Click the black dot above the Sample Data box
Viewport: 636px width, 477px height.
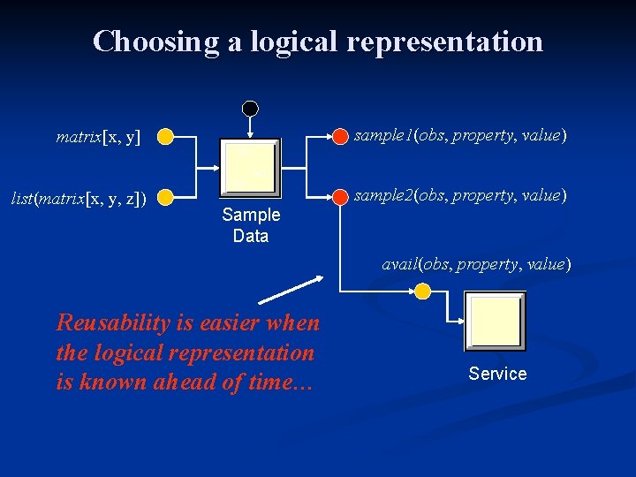251,109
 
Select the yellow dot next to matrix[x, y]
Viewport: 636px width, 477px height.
166,137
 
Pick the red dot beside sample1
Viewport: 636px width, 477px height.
340,136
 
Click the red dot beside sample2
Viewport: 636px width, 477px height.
340,195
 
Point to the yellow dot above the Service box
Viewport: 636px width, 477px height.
423,291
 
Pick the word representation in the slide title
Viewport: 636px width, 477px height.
444,42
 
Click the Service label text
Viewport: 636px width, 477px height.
497,374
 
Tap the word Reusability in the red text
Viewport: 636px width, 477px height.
113,323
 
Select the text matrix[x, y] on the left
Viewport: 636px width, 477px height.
98,137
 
